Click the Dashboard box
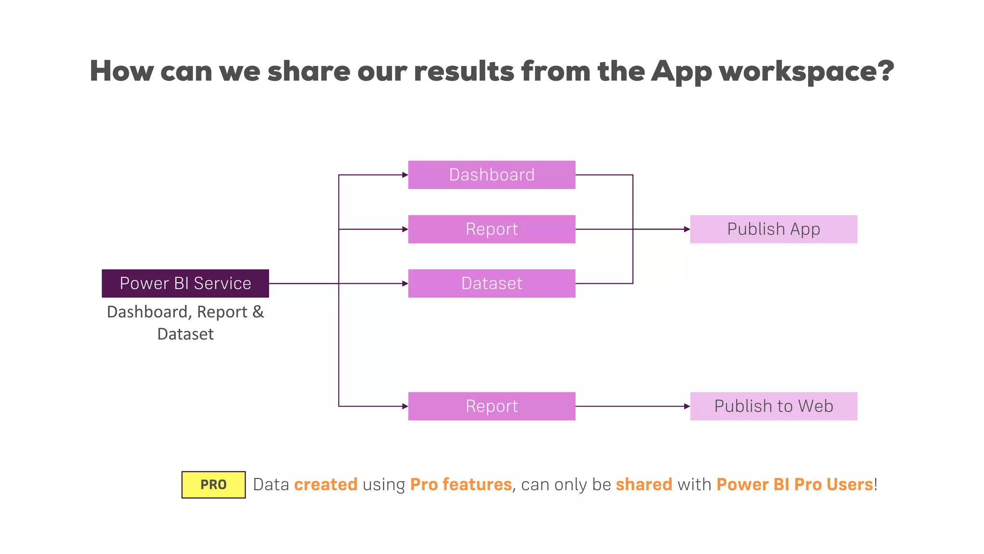(492, 175)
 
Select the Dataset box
(492, 283)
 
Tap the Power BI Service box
(185, 283)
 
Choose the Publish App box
(774, 229)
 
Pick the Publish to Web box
(774, 406)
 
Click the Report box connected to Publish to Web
(492, 406)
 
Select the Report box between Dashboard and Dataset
(492, 229)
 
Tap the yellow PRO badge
(213, 484)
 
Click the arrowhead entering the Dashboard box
(405, 175)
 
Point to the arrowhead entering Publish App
(687, 229)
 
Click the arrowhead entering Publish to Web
(687, 406)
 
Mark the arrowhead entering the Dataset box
(405, 284)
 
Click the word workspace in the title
(806, 71)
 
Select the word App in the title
(681, 71)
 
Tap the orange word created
(326, 484)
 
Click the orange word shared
(644, 484)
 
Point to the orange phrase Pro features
(461, 484)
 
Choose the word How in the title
(122, 71)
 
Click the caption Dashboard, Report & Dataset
(185, 323)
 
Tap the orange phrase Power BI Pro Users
(795, 484)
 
